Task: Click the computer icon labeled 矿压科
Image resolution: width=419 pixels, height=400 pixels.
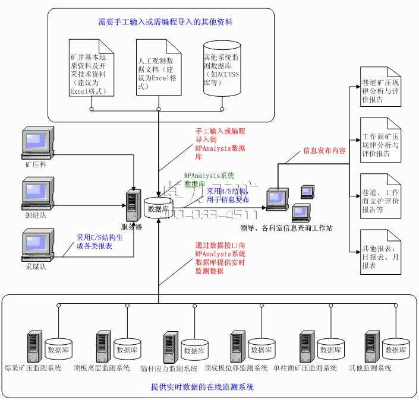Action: (x=34, y=142)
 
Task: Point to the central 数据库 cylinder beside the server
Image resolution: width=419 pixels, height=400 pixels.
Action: (x=158, y=208)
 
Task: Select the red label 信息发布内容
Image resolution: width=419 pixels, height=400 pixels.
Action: (x=325, y=150)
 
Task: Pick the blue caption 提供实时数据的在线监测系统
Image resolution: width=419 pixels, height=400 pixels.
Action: (x=203, y=387)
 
